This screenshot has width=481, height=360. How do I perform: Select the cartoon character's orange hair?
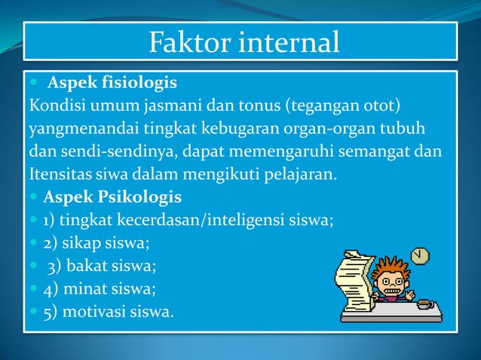click(x=391, y=268)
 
